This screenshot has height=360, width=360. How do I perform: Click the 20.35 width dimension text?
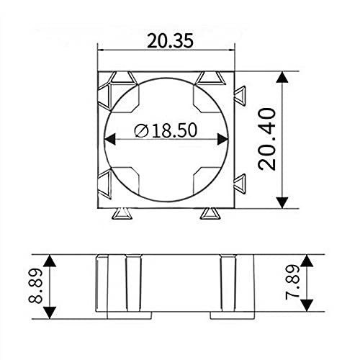pos(170,41)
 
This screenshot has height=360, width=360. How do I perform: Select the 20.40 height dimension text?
pos(266,140)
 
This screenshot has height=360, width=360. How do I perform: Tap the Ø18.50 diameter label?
pos(166,130)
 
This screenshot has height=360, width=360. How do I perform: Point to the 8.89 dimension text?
pos(35,286)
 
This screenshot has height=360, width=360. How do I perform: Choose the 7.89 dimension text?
pos(292,282)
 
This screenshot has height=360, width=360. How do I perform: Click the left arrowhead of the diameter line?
pos(110,139)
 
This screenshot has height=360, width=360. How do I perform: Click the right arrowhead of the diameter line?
pos(222,139)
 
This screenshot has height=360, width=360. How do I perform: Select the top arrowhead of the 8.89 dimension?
pos(50,261)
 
